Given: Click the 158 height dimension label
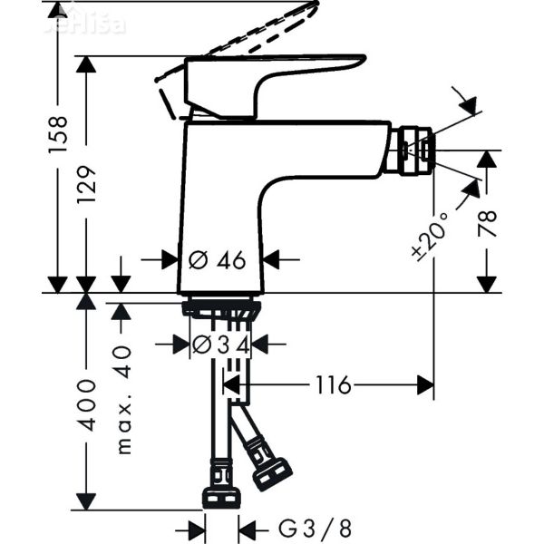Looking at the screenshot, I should tap(57, 136).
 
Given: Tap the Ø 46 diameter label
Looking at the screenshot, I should tap(217, 260).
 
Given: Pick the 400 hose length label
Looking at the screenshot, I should tap(87, 403).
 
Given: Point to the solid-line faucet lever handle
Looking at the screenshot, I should tap(272, 77).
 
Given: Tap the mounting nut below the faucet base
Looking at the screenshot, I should tap(222, 309).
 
